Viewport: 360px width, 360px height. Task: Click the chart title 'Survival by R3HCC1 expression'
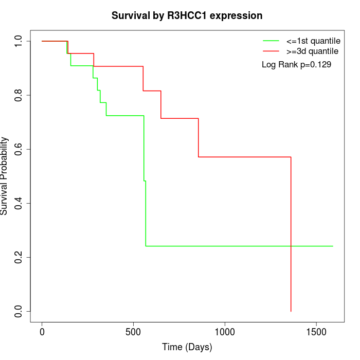(187, 15)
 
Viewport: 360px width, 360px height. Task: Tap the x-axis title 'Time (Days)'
(187, 347)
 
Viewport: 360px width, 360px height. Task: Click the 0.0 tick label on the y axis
(19, 311)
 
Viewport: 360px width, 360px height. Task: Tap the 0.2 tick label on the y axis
(19, 257)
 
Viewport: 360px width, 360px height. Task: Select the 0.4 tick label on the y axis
(19, 203)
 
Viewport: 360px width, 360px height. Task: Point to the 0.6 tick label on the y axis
(19, 149)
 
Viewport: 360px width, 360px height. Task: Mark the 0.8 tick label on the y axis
(19, 95)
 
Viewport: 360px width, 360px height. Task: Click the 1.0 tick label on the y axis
(19, 41)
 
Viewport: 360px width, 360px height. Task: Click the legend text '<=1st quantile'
(313, 41)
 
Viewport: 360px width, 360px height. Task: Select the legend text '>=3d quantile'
(312, 51)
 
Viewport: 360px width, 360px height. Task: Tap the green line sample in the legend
(271, 41)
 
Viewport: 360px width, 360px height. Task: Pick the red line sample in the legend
(271, 51)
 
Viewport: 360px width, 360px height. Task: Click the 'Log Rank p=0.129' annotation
(296, 65)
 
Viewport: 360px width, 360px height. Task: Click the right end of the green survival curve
(333, 246)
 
